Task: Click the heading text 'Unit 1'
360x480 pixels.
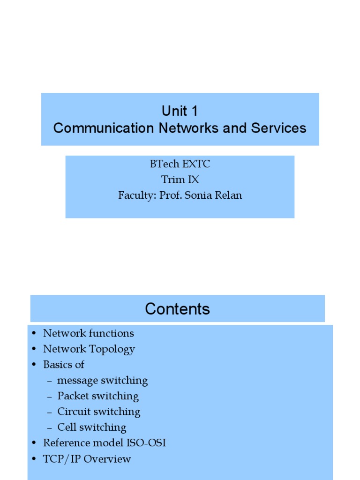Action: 180,111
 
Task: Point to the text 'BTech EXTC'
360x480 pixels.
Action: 180,164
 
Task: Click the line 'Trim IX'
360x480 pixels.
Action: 180,180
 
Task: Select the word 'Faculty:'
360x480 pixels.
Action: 137,195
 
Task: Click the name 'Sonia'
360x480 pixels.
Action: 198,195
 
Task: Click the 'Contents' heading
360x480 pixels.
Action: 177,309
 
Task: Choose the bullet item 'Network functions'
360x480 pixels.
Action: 88,333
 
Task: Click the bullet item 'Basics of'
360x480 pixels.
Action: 63,365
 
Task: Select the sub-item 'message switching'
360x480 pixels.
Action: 102,381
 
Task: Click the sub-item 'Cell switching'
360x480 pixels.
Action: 91,427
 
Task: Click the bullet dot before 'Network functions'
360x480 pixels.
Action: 34,334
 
